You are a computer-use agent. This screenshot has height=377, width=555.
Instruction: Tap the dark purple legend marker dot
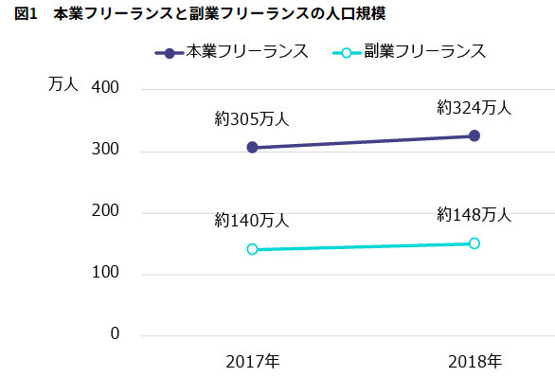(170, 53)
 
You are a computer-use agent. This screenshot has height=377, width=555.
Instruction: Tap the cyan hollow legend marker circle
(348, 53)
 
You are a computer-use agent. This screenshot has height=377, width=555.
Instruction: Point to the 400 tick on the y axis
(106, 88)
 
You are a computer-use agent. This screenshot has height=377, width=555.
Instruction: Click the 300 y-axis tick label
(106, 151)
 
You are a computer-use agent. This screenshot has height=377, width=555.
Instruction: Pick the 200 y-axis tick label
(106, 211)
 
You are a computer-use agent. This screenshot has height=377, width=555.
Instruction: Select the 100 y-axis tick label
(106, 274)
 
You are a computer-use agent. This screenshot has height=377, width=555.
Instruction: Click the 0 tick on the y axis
(115, 334)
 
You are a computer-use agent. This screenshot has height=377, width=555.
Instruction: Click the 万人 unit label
(63, 83)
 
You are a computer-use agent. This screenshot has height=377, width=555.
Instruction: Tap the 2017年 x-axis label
(252, 361)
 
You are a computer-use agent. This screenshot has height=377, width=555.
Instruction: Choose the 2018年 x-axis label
(474, 361)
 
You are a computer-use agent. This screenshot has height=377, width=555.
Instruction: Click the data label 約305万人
(252, 119)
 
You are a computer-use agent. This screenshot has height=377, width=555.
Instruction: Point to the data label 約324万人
(474, 108)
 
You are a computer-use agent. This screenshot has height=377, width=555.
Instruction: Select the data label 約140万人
(252, 221)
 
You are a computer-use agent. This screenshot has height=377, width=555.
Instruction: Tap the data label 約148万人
(474, 215)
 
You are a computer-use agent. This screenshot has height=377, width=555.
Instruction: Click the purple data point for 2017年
(252, 148)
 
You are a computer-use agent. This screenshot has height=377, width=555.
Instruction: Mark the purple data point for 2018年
(474, 135)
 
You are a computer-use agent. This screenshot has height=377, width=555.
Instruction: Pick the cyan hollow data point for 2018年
(474, 243)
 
